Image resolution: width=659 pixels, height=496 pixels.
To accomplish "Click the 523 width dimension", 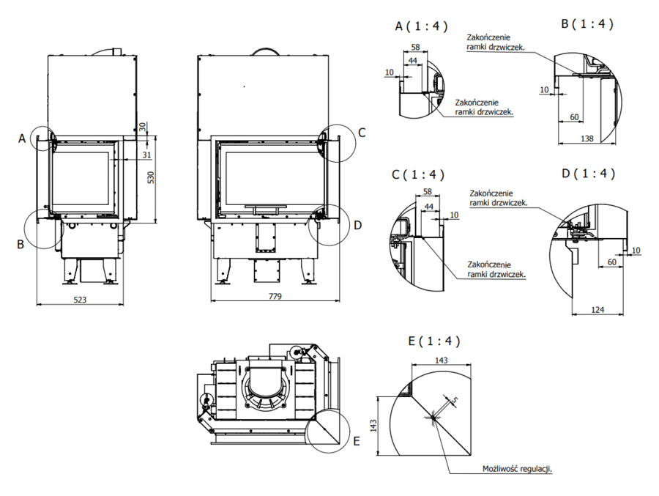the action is pos(80,300).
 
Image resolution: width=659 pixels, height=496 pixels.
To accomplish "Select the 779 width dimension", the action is pos(275,296).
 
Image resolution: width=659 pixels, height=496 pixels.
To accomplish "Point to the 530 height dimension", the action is pos(151,177).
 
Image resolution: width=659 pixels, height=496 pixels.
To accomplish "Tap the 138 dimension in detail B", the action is pos(587,138).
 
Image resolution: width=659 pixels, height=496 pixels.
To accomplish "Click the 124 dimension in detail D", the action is pos(597,310).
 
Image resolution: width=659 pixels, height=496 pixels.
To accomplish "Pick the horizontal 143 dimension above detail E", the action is pos(442,360).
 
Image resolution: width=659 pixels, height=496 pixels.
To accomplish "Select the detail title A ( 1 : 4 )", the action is pos(421,26).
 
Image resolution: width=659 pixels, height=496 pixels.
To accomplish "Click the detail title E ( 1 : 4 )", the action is pos(434,341).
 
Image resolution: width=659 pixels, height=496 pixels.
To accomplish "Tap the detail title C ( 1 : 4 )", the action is pos(418,174).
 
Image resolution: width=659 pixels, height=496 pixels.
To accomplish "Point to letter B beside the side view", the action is pos(21,244).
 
